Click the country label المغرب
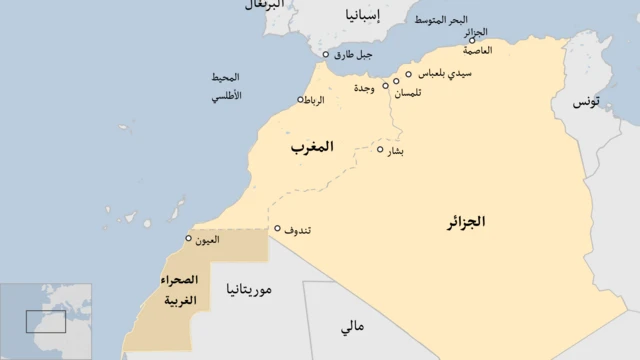312,147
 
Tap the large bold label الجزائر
465,222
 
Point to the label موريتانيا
250,290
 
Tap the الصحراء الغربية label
179,290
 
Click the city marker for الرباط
300,99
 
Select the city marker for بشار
380,150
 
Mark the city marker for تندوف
277,228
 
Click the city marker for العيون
189,238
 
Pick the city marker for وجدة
386,85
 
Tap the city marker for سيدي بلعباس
408,74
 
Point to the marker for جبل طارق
325,55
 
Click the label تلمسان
408,93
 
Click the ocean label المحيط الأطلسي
225,87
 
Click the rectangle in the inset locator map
46,321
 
